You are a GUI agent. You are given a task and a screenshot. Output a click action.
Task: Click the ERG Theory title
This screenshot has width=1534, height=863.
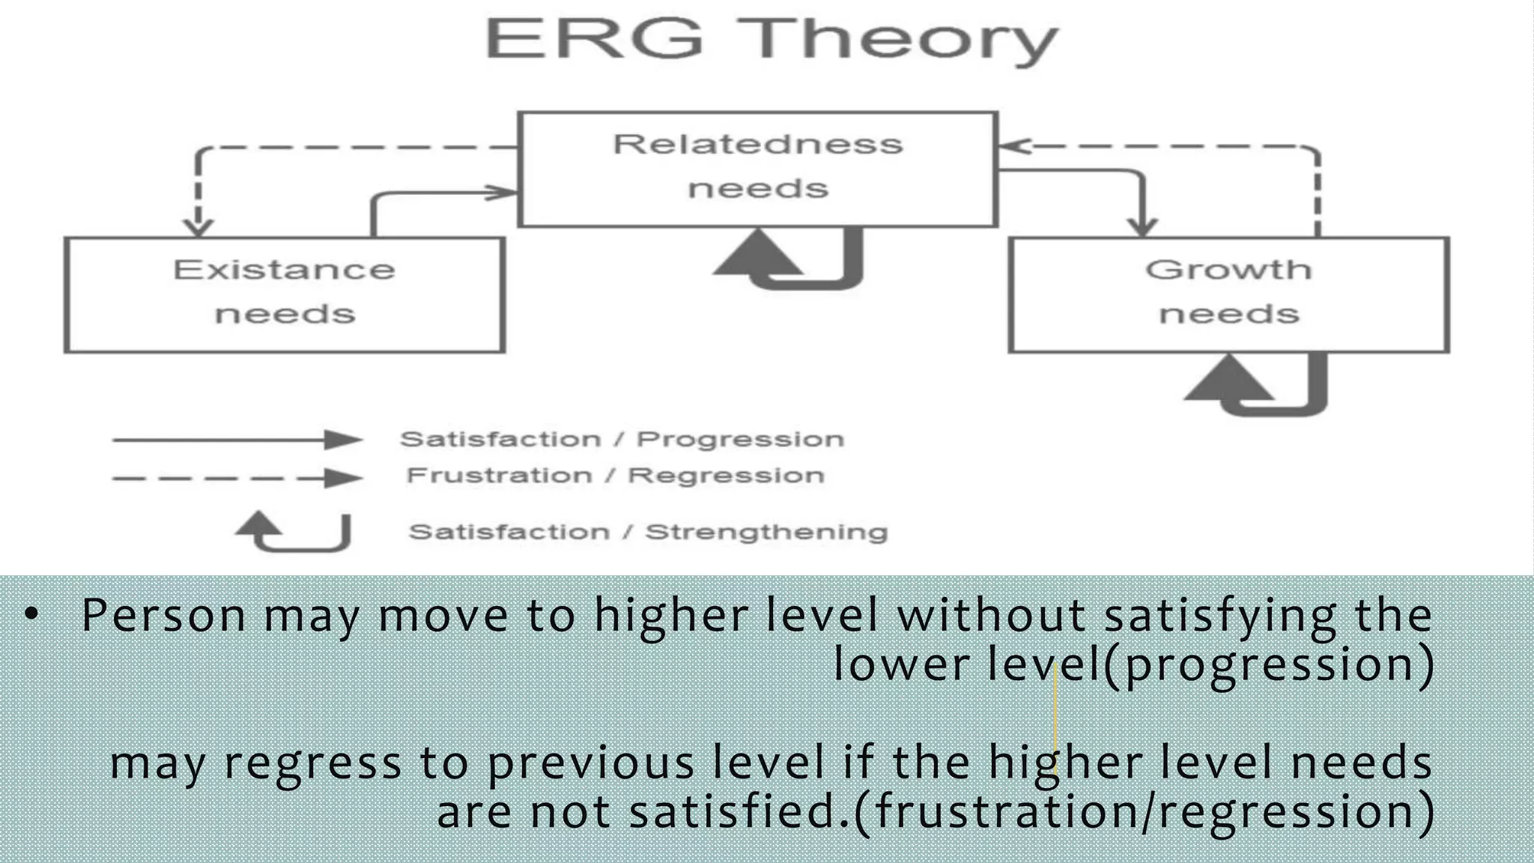click(771, 39)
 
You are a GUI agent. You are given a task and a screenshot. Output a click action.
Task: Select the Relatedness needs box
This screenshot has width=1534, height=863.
click(757, 169)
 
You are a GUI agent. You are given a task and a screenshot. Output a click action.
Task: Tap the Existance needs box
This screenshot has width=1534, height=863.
click(284, 294)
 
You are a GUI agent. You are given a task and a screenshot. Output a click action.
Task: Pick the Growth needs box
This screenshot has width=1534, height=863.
click(1228, 294)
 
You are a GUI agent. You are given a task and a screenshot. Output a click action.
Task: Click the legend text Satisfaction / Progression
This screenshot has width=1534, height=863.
click(622, 439)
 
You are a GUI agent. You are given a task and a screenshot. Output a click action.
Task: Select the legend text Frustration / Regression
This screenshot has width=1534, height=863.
click(615, 476)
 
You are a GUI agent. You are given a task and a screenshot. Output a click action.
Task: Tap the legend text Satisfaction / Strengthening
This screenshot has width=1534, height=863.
click(648, 532)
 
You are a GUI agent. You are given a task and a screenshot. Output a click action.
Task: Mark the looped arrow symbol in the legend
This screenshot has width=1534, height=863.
click(294, 531)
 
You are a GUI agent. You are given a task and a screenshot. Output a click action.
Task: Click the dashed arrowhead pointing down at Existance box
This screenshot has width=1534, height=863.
click(198, 226)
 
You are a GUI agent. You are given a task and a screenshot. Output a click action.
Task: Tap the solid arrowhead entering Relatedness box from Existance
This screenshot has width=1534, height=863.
click(503, 193)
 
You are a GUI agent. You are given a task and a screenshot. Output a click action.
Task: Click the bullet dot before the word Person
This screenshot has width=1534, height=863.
click(31, 615)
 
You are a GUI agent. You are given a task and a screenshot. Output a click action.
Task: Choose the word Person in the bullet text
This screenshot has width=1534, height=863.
click(163, 616)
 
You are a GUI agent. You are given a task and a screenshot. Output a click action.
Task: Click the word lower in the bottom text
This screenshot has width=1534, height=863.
click(902, 664)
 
